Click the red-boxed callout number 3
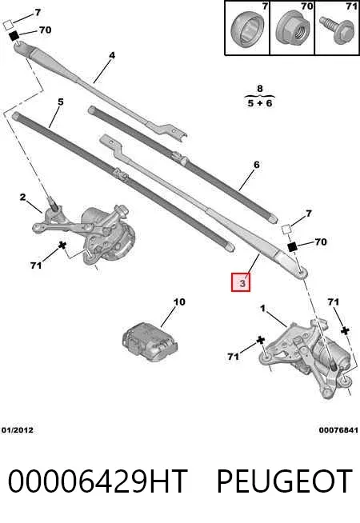coord(241,282)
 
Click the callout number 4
coord(112,55)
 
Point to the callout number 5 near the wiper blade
coord(60,102)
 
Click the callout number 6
coord(256,165)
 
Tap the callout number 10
coord(179,301)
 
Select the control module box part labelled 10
coord(150,341)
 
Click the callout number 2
coord(22,198)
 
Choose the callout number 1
coord(263,309)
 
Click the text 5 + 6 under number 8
coord(259,102)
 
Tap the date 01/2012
coord(18,430)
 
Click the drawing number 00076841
coord(338,430)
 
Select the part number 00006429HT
coord(98,481)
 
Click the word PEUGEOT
coord(285,481)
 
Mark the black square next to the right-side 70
coord(292,247)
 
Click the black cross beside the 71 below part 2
coord(62,246)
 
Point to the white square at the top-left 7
coord(8,25)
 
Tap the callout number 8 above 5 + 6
coord(260,89)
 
